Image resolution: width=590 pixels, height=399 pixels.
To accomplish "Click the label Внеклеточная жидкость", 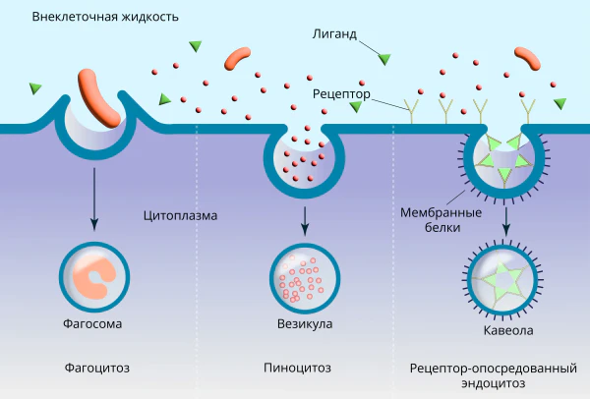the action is (105, 17).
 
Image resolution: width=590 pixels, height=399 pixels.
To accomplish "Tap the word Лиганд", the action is (334, 34).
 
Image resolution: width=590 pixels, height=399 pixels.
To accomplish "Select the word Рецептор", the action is (341, 93).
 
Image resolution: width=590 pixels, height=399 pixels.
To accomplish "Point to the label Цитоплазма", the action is (180, 215).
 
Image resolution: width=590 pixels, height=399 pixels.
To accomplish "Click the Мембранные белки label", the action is (441, 219).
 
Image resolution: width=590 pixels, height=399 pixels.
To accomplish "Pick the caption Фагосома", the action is (92, 323).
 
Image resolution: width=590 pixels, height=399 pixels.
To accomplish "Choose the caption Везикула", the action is (305, 323).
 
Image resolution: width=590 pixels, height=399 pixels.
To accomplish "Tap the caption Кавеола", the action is (508, 330).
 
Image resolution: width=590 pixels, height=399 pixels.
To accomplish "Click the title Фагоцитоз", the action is (97, 368).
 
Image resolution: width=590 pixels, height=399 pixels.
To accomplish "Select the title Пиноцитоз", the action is (297, 368).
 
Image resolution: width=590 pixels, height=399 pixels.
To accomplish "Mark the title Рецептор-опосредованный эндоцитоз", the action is (494, 375).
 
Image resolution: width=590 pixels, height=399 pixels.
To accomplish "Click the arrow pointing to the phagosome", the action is (94, 199).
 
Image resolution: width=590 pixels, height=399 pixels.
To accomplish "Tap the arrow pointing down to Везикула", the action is (305, 221).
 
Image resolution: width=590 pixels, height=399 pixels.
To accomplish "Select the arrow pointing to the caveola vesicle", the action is (506, 222).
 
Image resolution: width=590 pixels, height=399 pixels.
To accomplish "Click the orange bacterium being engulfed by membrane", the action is (99, 97).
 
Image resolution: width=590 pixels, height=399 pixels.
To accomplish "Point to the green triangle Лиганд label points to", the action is (384, 59).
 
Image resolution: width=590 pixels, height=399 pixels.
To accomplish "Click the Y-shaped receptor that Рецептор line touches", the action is (411, 111).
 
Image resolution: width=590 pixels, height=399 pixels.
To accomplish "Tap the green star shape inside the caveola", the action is (502, 280).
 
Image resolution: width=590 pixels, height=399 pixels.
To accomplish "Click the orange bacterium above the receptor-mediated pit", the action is (527, 58).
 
